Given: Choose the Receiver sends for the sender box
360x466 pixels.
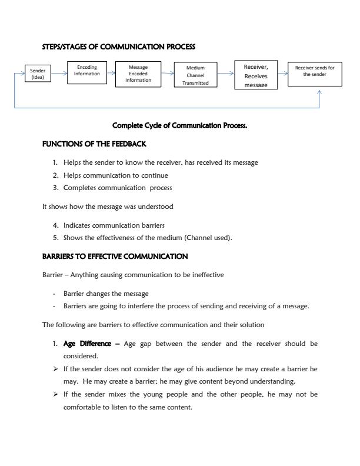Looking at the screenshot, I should pos(314,74).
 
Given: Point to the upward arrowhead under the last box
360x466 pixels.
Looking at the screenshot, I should pos(319,92).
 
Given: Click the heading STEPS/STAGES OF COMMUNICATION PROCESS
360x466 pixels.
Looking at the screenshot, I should pos(119,46).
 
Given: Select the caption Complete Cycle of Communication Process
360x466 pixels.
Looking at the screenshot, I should pos(179,125).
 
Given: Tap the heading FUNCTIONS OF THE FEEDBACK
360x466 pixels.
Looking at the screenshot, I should pos(94,144).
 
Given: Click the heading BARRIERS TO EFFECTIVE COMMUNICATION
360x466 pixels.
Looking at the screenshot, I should pos(115,257).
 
